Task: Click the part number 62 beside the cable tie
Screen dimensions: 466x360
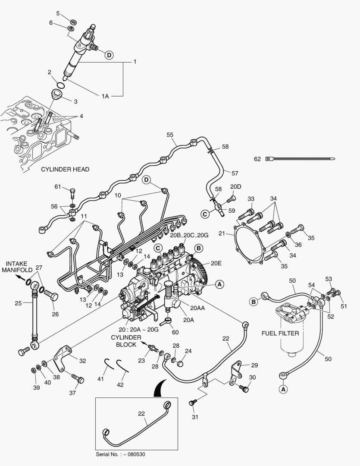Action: [x=257, y=159]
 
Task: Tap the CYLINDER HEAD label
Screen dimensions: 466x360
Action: [x=65, y=170]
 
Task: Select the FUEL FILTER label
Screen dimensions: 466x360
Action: [x=281, y=334]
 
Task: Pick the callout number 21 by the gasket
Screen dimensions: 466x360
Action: [x=222, y=233]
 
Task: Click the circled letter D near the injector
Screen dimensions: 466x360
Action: [x=109, y=55]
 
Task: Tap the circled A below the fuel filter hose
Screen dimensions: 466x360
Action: [x=283, y=389]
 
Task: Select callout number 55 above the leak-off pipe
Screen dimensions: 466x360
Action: [x=170, y=135]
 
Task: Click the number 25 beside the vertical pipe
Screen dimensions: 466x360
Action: [x=18, y=303]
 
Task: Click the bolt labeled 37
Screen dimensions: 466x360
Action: [x=78, y=379]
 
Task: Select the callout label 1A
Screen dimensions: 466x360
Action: [x=105, y=96]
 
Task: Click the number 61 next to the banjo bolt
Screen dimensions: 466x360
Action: [x=58, y=186]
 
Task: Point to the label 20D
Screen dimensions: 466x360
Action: [x=235, y=186]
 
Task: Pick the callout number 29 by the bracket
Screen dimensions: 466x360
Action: [x=254, y=365]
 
